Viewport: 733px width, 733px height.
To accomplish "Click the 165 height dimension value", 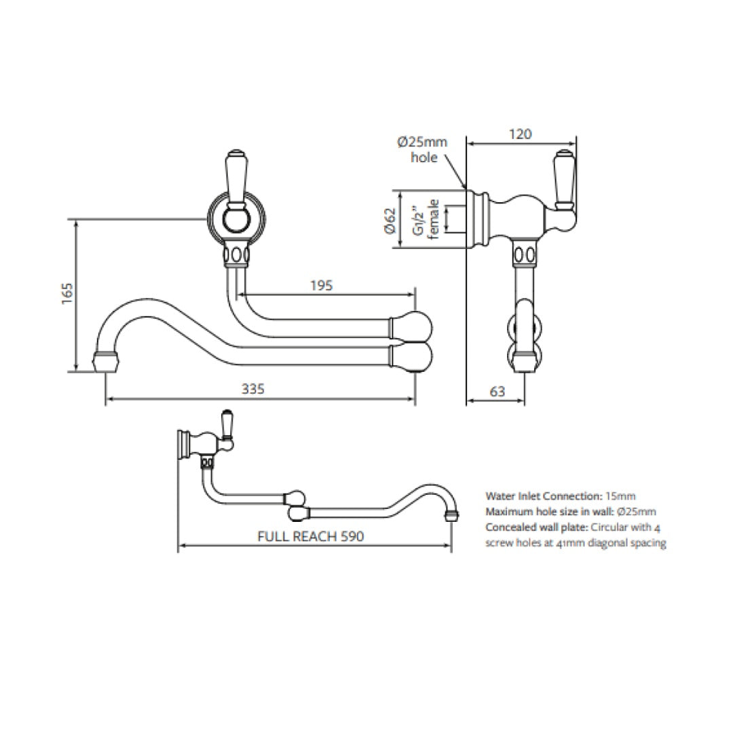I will click(67, 294).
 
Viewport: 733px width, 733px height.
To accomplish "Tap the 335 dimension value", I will click(252, 388).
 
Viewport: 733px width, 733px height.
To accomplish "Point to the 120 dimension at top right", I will click(520, 134).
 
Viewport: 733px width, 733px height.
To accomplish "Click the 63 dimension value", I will click(497, 391).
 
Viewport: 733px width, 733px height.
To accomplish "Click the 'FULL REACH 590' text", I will click(311, 535).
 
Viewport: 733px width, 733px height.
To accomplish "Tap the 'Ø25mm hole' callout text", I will click(422, 150).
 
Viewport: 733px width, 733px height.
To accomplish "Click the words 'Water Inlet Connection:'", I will click(544, 496).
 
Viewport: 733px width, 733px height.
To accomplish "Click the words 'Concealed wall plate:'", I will click(537, 527).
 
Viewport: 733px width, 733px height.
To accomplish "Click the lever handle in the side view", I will click(565, 179).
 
